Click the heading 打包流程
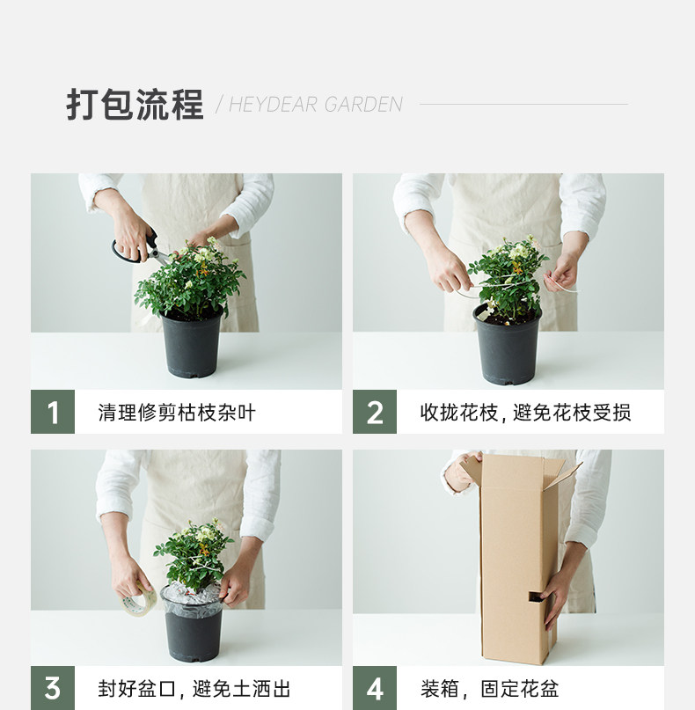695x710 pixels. (135, 105)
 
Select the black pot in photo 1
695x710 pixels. (192, 343)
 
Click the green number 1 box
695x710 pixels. (53, 412)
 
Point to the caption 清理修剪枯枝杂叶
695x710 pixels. (177, 413)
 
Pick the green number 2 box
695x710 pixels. (375, 412)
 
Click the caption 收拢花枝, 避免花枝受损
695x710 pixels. (525, 413)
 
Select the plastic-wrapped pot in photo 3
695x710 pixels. (193, 623)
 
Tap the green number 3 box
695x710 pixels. (53, 688)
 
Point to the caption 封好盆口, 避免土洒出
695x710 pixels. (194, 689)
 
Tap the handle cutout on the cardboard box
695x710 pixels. (537, 597)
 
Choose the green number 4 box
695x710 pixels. (375, 688)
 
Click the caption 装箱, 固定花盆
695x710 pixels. (490, 689)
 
